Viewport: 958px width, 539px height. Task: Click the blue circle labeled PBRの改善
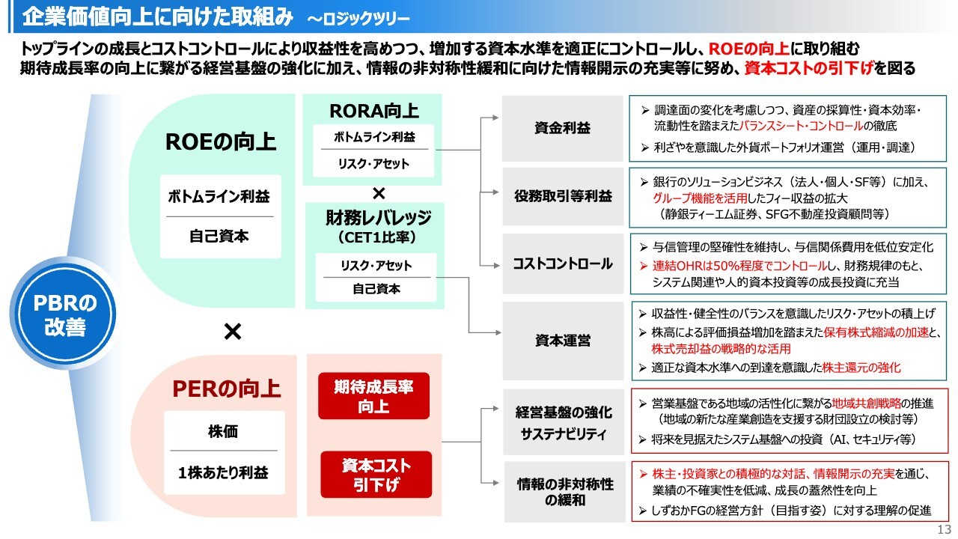[66, 315]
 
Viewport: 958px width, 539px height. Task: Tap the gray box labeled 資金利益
[563, 128]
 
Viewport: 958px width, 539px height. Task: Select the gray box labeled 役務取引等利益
[563, 197]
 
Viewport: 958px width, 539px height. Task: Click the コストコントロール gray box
[563, 264]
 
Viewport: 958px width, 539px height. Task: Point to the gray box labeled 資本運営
[563, 341]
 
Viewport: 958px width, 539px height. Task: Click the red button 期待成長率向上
[373, 396]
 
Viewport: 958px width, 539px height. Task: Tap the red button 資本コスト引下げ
[376, 475]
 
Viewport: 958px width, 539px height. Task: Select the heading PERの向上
[227, 389]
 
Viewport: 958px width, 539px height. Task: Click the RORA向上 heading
[374, 112]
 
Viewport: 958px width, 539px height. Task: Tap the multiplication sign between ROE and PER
[233, 332]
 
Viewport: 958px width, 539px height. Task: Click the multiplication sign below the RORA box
[379, 193]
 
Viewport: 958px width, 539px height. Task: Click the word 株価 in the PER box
[223, 432]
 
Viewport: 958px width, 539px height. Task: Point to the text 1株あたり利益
[223, 473]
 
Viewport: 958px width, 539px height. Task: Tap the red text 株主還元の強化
[861, 368]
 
